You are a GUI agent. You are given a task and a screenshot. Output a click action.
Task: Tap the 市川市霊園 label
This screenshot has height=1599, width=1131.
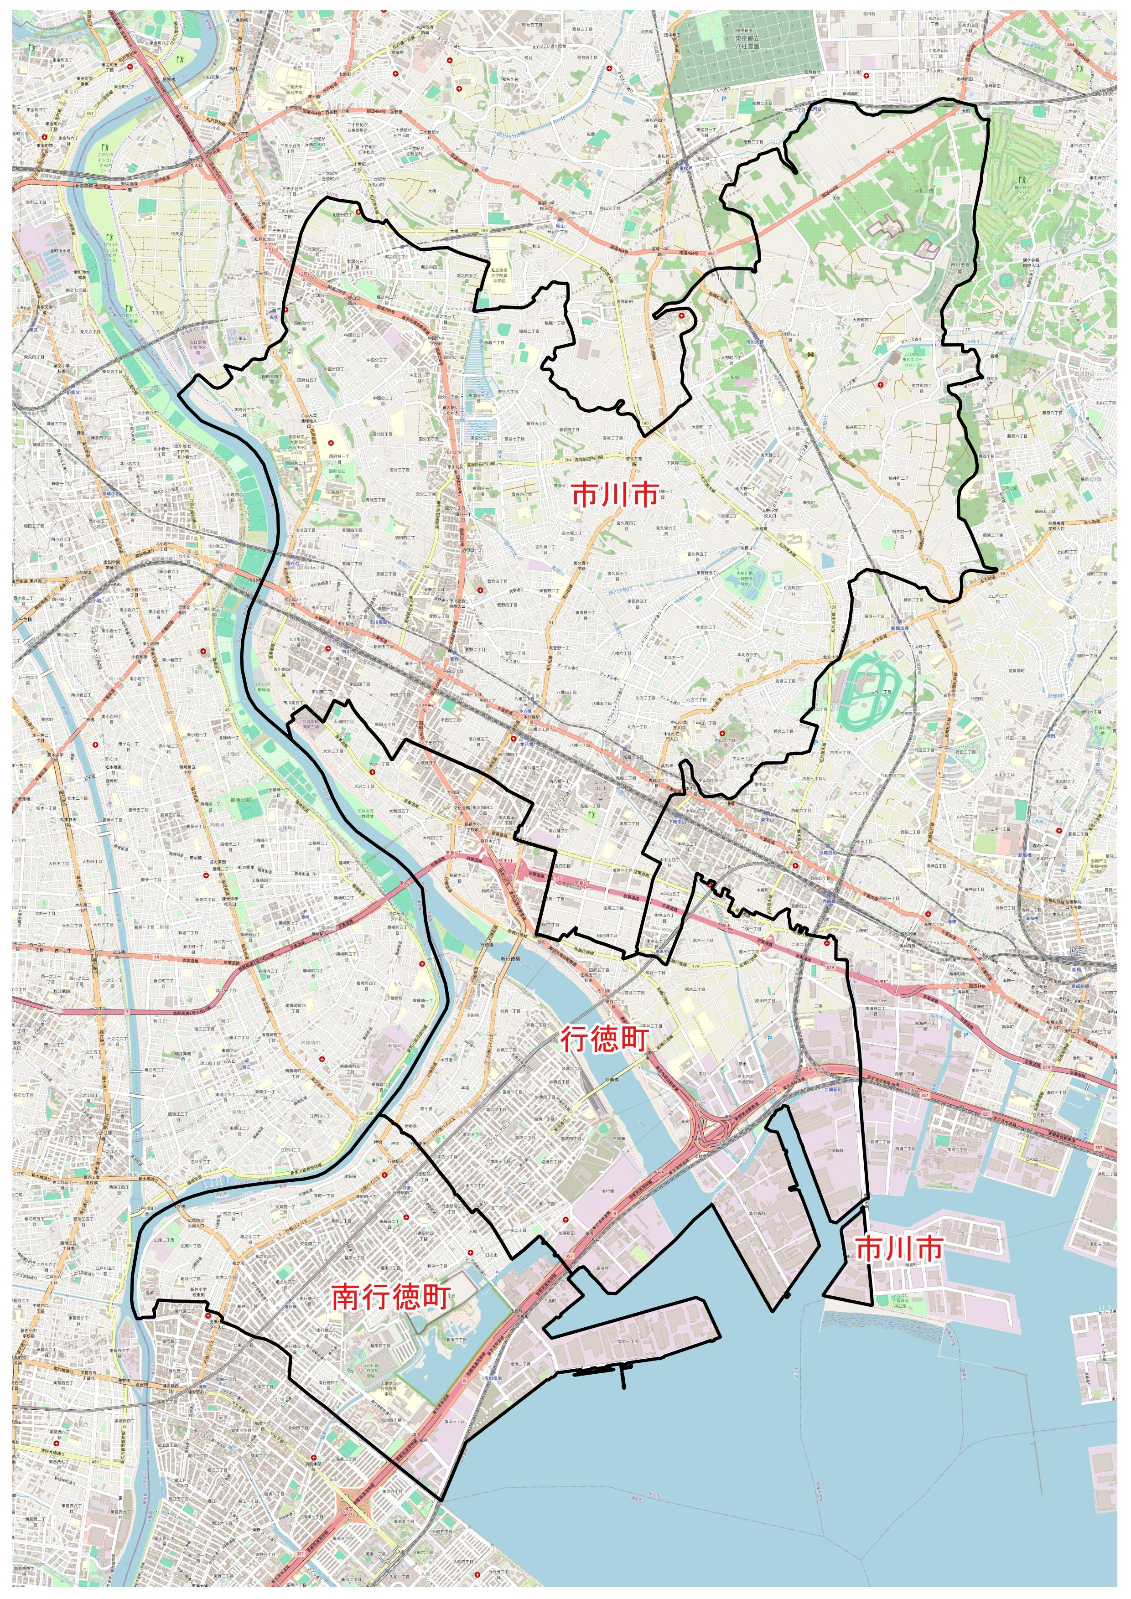pos(960,268)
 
